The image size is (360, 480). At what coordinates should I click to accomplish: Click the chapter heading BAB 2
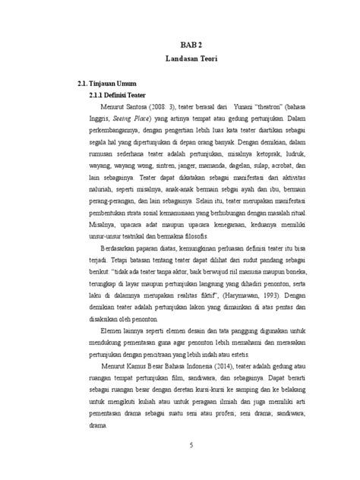click(191, 46)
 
